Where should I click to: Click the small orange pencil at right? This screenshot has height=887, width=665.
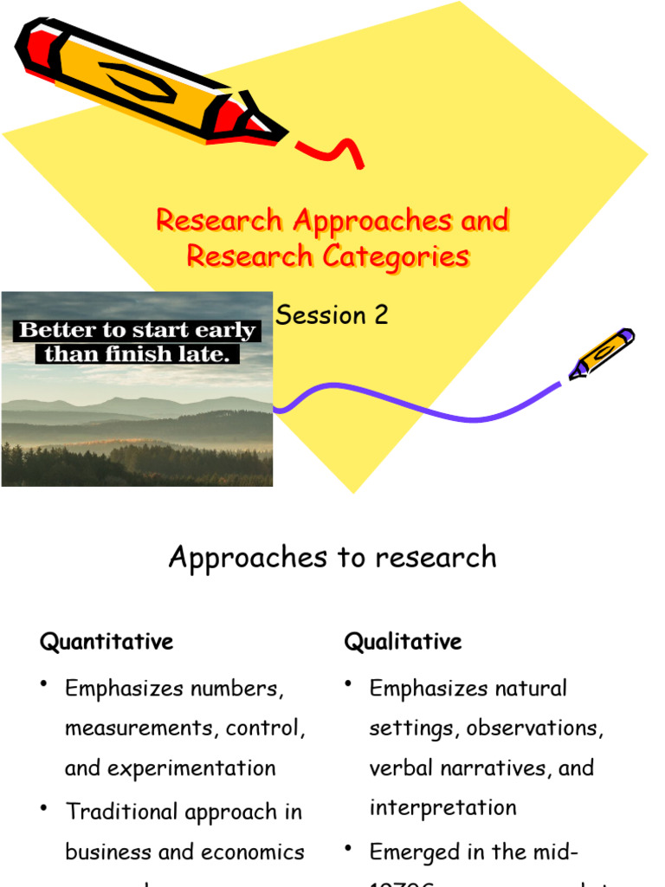pos(603,353)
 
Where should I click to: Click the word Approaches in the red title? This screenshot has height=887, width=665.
pos(372,221)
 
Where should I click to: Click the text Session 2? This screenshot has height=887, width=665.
pos(332,315)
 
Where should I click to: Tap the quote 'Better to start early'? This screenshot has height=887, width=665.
pos(137,331)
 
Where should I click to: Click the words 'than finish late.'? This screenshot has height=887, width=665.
pos(141,353)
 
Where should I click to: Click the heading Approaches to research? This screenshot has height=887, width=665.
pos(332,557)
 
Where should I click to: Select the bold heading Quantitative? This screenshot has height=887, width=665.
pos(107,642)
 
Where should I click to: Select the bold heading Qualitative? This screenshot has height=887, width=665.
pos(403,642)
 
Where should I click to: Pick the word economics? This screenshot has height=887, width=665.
pos(253,852)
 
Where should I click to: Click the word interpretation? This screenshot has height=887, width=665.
pos(442,808)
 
